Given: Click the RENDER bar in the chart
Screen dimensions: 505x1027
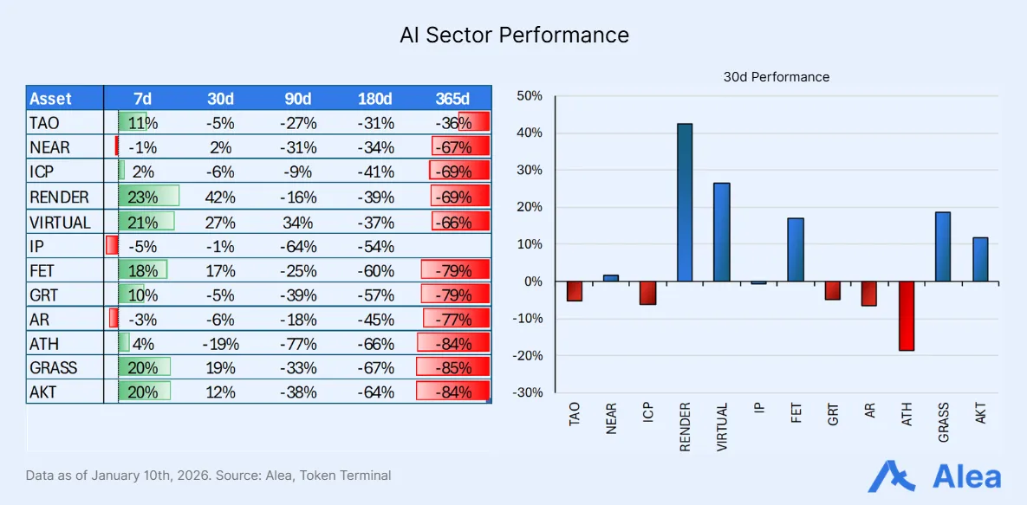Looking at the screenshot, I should click(x=685, y=203).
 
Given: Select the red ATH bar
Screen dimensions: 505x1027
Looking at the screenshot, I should click(x=906, y=316).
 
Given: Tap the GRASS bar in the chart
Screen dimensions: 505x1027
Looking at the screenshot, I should click(x=943, y=247).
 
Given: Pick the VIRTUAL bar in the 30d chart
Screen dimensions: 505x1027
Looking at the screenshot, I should click(x=722, y=232).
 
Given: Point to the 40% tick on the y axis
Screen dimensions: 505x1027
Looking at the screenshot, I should click(x=530, y=133).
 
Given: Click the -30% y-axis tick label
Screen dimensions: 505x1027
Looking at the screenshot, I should click(x=528, y=392).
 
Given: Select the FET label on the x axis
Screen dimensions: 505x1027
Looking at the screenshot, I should click(x=796, y=413).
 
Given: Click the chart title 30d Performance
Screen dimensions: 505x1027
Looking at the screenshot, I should click(x=777, y=77).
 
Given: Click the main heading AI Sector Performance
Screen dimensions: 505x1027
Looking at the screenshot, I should click(x=514, y=36).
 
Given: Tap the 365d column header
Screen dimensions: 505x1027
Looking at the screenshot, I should click(x=452, y=99).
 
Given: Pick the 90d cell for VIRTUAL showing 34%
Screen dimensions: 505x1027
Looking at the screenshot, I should click(x=298, y=222).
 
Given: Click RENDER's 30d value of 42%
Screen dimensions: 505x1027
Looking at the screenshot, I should click(x=220, y=197).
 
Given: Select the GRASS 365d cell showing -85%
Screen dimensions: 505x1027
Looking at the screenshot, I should click(x=452, y=367).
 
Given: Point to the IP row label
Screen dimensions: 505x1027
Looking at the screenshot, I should click(x=37, y=246).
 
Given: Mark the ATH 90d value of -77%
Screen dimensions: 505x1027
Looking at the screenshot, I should click(x=298, y=343).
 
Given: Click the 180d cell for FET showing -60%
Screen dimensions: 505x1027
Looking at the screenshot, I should click(x=375, y=270).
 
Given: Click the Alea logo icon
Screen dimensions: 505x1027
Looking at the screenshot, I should click(x=894, y=476).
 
